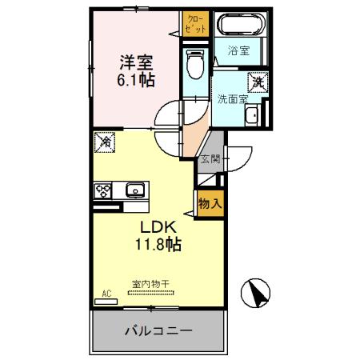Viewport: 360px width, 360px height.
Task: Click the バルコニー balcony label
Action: tap(158, 330)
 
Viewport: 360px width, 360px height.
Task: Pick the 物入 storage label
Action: tap(209, 204)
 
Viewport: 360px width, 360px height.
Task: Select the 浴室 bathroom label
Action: tap(238, 51)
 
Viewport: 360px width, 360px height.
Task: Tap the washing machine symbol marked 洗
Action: tap(258, 82)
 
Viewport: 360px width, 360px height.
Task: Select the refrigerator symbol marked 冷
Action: tap(106, 142)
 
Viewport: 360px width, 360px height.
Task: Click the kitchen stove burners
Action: tap(103, 190)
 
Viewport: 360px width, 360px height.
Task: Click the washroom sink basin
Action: tap(253, 114)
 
